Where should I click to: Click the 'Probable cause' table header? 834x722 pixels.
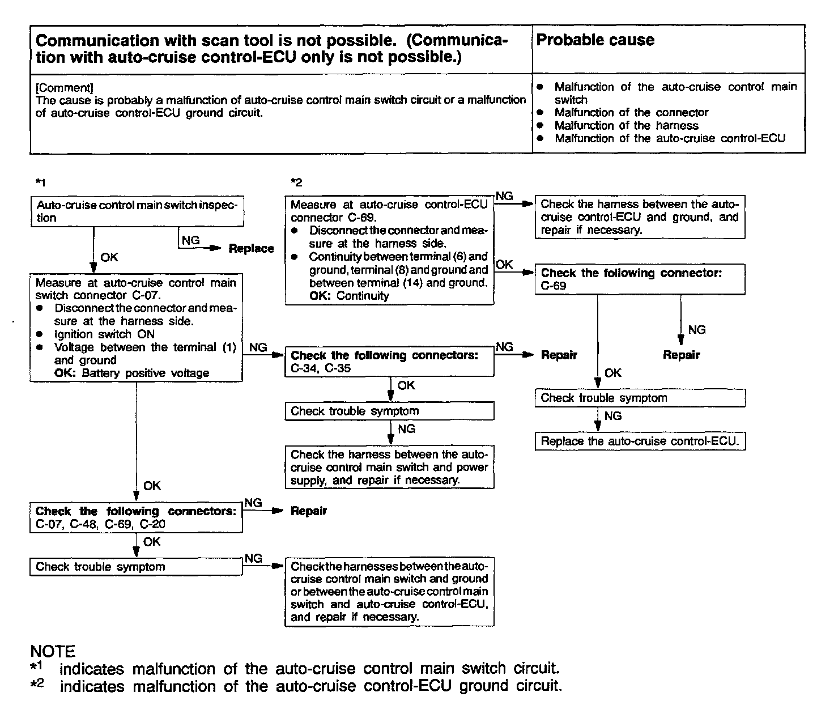595,40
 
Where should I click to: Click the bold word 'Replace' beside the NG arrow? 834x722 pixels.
251,248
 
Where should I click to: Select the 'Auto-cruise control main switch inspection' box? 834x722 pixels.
137,211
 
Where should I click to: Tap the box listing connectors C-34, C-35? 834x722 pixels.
389,362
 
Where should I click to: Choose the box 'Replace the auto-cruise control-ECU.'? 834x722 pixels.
640,441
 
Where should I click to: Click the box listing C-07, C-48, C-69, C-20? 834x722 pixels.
136,517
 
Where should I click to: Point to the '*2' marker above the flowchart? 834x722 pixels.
296,182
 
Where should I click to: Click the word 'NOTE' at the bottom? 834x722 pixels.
53,651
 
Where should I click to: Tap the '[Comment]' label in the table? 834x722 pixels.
64,88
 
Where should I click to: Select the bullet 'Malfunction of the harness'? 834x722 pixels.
626,125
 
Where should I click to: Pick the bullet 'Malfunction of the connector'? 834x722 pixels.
631,112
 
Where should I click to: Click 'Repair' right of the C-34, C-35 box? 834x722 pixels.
559,355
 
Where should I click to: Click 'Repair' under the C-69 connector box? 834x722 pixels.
682,355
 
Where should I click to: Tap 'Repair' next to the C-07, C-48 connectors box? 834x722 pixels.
309,511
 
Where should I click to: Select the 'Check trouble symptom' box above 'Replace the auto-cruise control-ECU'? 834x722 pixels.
640,398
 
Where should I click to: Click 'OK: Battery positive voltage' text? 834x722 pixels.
131,373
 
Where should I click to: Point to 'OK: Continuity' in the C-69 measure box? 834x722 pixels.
349,295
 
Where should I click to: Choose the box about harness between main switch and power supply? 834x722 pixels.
389,468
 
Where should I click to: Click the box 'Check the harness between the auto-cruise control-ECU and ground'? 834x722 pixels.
640,218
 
